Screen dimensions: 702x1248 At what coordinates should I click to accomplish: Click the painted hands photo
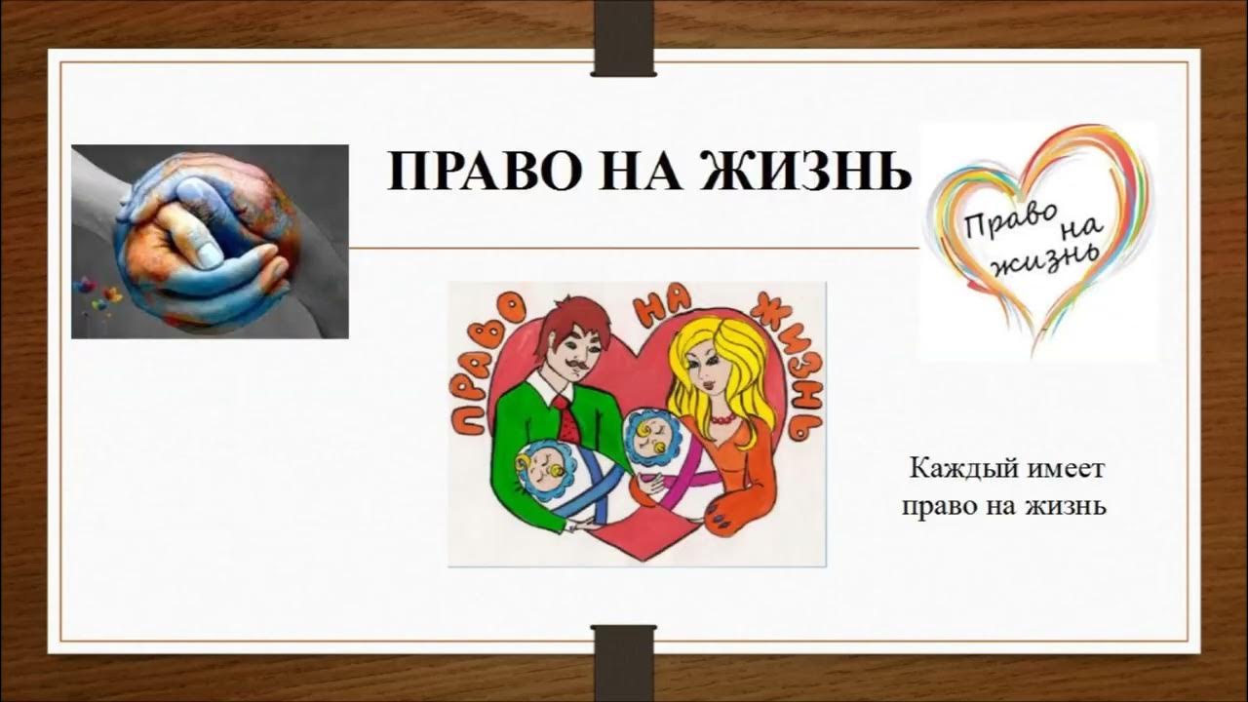click(x=210, y=241)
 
